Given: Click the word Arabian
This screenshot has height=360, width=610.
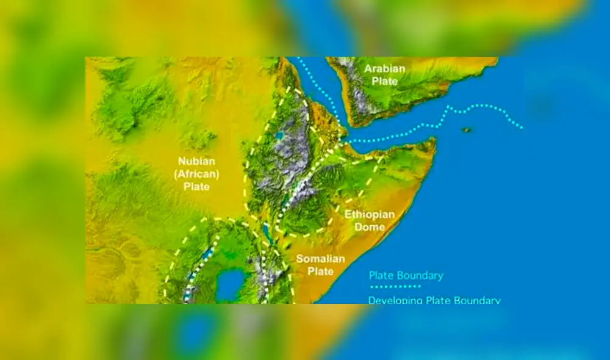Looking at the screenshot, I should point(385,68).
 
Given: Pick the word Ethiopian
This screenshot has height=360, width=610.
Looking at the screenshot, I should point(370,215).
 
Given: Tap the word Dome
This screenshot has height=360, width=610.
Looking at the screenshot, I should point(370,227).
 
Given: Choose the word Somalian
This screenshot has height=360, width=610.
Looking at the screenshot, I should point(321,259).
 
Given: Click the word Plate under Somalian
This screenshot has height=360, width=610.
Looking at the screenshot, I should point(321,271).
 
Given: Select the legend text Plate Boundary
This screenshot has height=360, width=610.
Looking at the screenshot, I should point(406,275).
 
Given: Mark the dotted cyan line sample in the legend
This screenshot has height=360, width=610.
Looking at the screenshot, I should point(395,286).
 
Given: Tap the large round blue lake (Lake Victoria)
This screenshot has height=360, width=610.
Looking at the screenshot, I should point(231,284).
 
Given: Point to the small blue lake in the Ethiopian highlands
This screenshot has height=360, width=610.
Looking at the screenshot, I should point(279,136).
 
